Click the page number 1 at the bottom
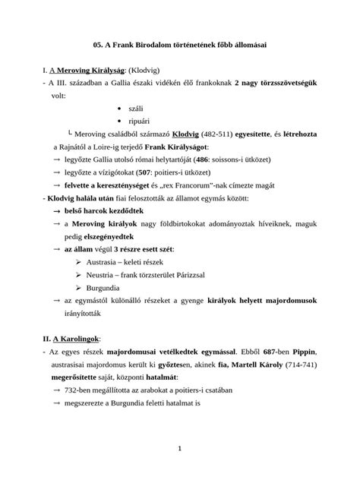pos(179,449)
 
